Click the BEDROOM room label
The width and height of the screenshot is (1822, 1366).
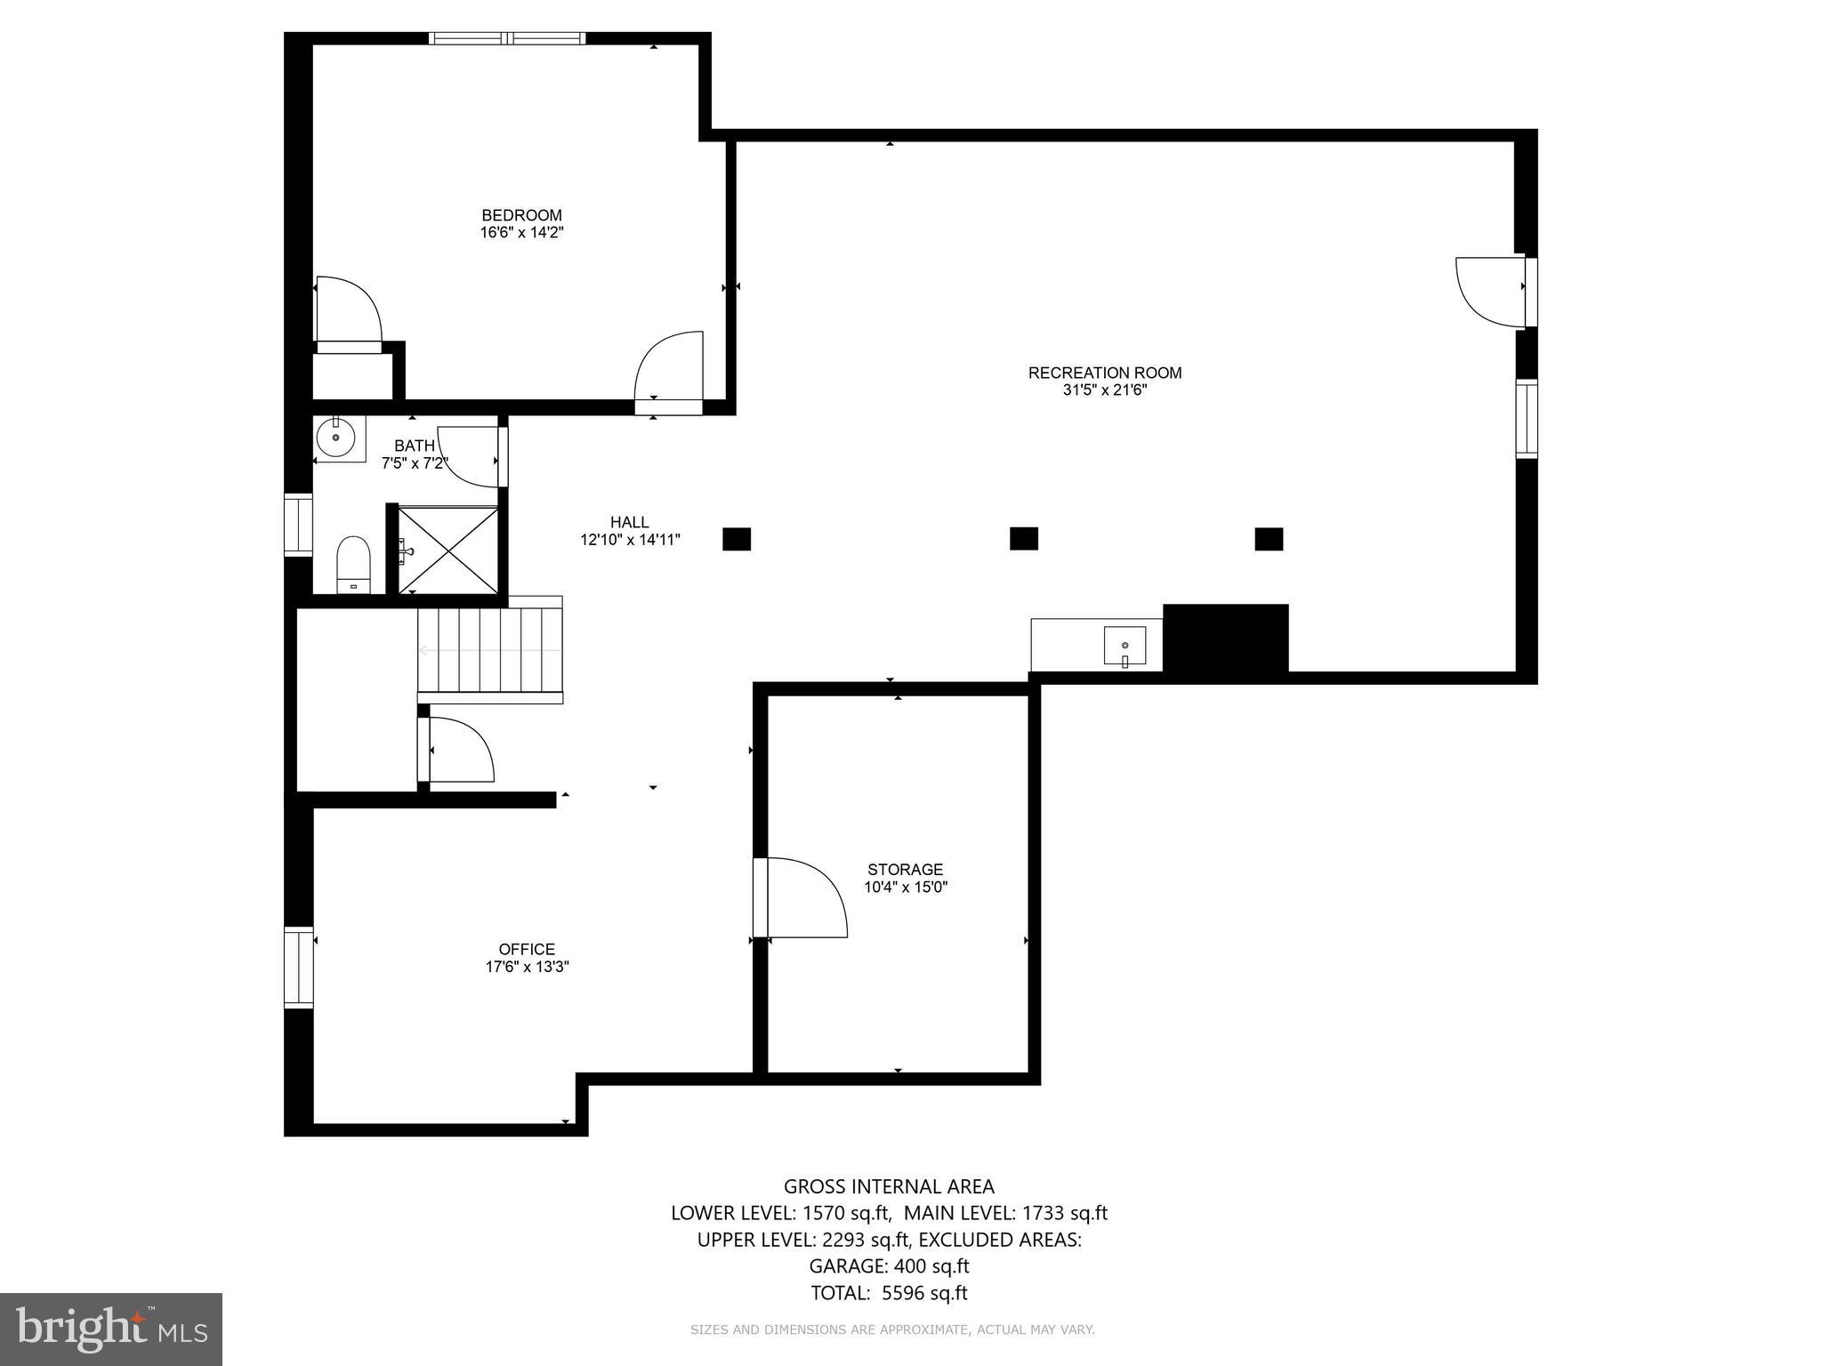click(521, 215)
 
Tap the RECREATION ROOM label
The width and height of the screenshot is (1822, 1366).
click(1105, 373)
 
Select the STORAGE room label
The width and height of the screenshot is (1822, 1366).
click(905, 869)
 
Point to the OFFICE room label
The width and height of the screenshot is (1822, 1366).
click(527, 949)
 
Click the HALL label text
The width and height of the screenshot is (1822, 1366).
click(629, 522)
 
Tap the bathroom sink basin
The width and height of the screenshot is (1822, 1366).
click(336, 438)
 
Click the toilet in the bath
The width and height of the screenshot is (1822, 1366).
click(353, 564)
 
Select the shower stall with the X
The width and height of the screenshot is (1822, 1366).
click(447, 550)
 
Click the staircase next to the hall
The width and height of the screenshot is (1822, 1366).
click(490, 650)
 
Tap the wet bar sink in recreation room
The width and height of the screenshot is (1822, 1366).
click(1125, 645)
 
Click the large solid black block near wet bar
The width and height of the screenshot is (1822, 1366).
click(1225, 639)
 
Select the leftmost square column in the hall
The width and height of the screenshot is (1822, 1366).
click(737, 539)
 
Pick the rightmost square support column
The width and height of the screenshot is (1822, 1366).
click(1269, 539)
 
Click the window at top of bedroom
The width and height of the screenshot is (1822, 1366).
click(507, 38)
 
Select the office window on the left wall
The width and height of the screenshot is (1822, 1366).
click(299, 967)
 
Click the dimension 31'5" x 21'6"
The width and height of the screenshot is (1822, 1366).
click(1105, 390)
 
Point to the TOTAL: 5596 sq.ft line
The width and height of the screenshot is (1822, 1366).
click(888, 1293)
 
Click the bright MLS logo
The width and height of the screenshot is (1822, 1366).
click(111, 1329)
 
